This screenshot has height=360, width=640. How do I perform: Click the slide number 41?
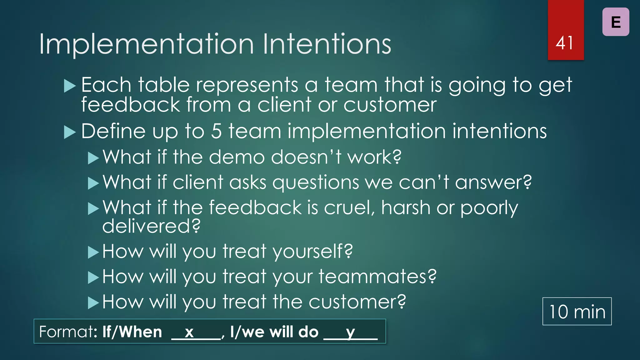tap(565, 43)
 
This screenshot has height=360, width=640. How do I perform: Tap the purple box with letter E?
tap(616, 22)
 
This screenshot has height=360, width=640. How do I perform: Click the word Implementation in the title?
tap(146, 44)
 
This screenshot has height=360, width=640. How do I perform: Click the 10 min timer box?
tap(577, 312)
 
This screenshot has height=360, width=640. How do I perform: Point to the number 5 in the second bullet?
tap(216, 131)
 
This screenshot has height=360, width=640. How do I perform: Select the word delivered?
tap(152, 226)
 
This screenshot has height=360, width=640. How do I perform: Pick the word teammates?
tap(377, 277)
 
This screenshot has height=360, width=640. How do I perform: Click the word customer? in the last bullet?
tap(357, 302)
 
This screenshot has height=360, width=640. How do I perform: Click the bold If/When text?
tap(132, 332)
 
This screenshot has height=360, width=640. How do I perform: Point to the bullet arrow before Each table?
tap(70, 86)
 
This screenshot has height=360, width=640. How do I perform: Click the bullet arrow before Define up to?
tap(70, 132)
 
